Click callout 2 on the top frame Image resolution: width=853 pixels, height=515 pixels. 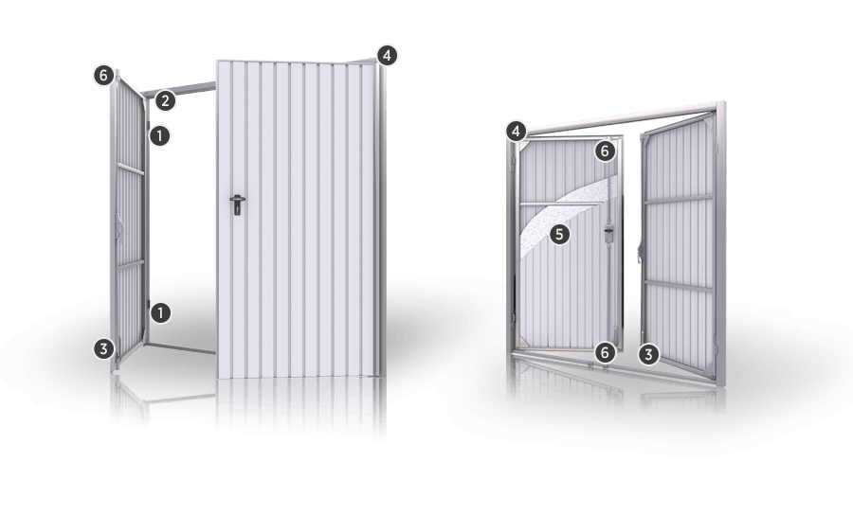click(165, 100)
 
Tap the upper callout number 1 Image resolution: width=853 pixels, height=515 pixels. click(159, 135)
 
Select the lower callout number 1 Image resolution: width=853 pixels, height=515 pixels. click(160, 313)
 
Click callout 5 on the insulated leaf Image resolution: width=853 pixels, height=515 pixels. click(560, 235)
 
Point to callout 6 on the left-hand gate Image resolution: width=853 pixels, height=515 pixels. click(104, 75)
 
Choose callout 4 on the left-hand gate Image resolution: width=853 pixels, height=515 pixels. click(387, 56)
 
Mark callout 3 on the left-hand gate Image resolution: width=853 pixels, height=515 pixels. click(104, 348)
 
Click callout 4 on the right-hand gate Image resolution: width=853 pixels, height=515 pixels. click(517, 131)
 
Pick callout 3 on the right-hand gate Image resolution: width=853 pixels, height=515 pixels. click(648, 355)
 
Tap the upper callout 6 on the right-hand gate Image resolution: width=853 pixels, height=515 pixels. click(606, 151)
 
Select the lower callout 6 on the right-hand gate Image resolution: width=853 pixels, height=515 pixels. click(605, 353)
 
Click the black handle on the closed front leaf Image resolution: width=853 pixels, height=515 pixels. click(237, 204)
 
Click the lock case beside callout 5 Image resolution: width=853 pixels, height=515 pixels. click(608, 234)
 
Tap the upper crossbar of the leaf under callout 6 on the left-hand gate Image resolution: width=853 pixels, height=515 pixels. click(131, 169)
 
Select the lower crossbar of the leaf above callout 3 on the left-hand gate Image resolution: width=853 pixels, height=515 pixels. click(131, 265)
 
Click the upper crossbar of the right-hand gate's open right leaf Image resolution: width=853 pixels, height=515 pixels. click(679, 199)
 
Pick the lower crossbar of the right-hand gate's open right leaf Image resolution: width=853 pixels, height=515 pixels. click(679, 286)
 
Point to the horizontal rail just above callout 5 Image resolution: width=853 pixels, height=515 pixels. click(560, 204)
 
